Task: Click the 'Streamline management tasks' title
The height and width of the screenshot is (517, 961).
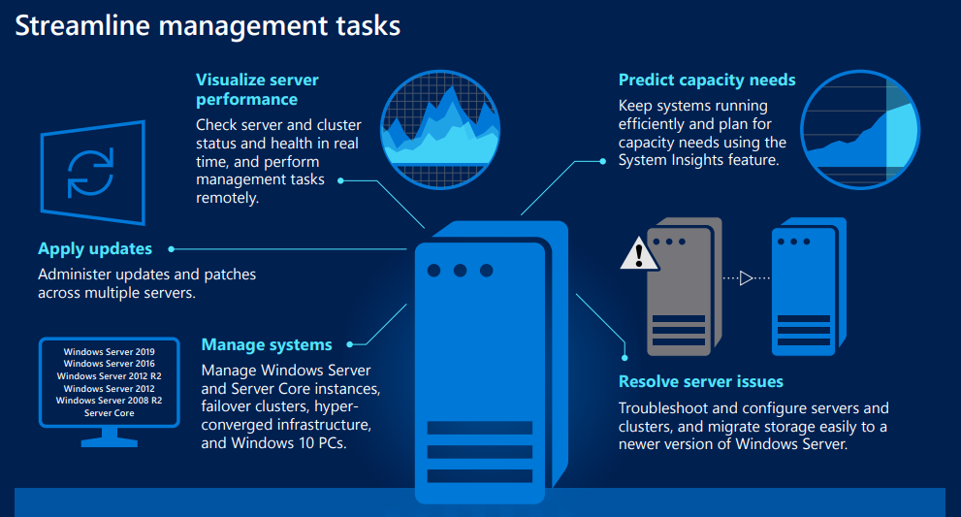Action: coord(208,26)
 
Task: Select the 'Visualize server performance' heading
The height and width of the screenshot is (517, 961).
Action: coord(257,89)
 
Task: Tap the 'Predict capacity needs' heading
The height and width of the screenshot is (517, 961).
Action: coord(707,80)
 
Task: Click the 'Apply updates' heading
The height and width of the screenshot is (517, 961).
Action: coord(95,249)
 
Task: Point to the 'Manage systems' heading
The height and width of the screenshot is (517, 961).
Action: coord(267,344)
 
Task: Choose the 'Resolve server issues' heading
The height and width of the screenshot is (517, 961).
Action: coord(701,381)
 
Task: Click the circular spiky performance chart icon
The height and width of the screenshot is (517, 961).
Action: coord(441,125)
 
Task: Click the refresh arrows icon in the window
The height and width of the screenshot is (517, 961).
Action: coord(90,174)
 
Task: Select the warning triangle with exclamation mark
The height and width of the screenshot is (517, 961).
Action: coord(636,254)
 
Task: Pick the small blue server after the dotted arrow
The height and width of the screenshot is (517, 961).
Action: coord(804,288)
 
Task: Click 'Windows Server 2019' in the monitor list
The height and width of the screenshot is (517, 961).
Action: coord(109,351)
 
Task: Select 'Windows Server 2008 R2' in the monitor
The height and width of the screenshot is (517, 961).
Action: coord(109,400)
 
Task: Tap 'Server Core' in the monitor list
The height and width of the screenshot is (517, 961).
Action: coord(109,412)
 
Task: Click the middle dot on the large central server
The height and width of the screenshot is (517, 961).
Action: coord(461,271)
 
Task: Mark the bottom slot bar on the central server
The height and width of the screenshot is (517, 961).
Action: coord(480,475)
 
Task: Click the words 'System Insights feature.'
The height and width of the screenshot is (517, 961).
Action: coord(698,160)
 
